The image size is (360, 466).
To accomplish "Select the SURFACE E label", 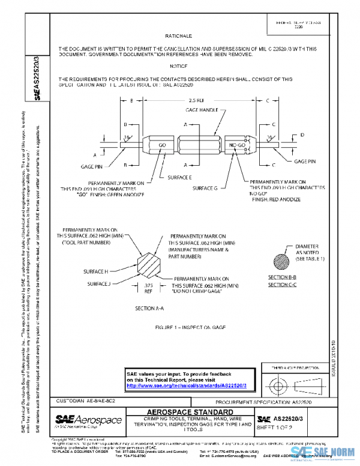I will point(179,178).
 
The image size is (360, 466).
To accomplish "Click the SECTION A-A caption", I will point(149,307).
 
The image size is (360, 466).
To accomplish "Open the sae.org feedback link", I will point(187,386).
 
